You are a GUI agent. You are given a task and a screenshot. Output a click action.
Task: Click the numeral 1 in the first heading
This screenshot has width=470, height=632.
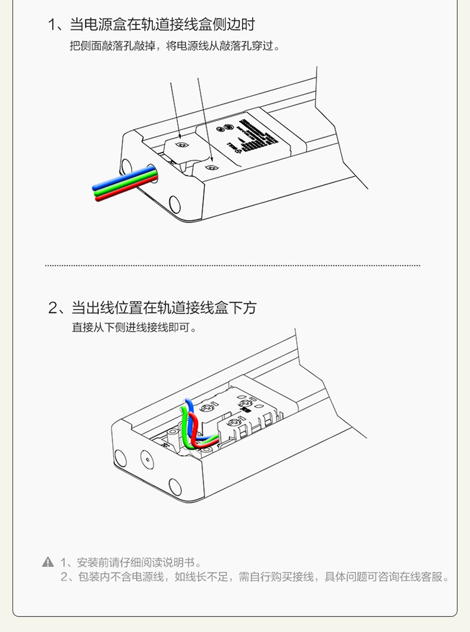[x=52, y=25]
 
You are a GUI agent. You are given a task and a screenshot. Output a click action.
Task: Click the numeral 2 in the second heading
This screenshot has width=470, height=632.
[x=53, y=308]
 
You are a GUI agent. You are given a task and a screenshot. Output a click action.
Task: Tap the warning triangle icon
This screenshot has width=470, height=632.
[x=48, y=562]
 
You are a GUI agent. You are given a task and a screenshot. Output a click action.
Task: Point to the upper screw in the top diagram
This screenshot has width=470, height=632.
[x=182, y=144]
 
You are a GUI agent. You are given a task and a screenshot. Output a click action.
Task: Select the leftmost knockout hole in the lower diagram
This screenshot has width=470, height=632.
[x=120, y=455]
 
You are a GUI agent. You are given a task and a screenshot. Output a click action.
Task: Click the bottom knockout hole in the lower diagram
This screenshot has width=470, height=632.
[x=174, y=485]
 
